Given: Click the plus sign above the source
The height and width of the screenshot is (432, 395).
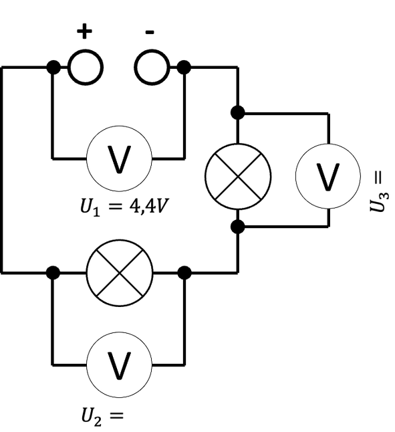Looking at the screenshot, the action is point(84,31).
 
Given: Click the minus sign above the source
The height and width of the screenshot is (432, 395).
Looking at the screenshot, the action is point(150,33).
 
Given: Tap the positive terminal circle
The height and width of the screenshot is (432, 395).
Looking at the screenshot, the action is point(86,68).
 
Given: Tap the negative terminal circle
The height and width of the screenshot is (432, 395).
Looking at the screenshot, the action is point(152,68).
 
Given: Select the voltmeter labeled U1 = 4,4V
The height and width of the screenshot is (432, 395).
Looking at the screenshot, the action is point(119,158).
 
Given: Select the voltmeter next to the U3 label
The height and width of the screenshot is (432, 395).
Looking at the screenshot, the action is point(328,176).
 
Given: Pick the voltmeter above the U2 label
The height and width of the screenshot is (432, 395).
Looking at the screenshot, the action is point(119,364).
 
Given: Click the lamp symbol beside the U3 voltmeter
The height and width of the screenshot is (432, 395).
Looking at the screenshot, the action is point(238,177).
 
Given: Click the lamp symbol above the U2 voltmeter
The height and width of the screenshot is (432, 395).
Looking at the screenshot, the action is point(120,273).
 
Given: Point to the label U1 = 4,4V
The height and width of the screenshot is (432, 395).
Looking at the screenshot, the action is point(123,207).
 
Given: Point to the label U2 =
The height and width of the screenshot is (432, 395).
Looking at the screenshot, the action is point(102,417).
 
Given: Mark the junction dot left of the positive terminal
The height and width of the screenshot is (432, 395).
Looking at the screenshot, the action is point(53,68).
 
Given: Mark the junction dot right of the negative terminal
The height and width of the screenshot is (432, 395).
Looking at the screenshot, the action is point(184,68).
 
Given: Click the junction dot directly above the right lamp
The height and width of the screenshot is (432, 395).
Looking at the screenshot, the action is point(237,112).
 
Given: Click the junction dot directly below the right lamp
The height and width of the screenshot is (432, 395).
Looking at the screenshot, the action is point(237,227).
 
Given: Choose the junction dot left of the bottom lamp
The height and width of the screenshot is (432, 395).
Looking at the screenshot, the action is point(53,273).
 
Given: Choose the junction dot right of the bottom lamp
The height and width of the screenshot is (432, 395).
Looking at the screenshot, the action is point(184,273).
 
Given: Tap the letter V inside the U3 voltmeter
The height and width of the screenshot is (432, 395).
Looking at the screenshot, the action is point(328,177).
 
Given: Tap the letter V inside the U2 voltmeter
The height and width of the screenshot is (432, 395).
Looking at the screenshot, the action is point(119,366).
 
